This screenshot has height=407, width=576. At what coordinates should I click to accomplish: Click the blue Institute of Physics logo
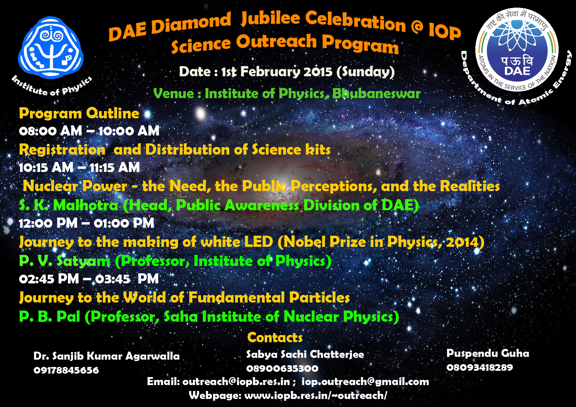click(x=51, y=48)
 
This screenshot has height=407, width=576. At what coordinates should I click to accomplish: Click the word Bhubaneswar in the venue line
click(x=376, y=94)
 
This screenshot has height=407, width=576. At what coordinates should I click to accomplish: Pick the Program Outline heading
click(x=79, y=114)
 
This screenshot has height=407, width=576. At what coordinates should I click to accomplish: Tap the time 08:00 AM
click(x=50, y=131)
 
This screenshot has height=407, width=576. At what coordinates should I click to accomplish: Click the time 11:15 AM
click(x=115, y=167)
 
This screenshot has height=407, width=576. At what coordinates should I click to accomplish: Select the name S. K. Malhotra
click(x=69, y=205)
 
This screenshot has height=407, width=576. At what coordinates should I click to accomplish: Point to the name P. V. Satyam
click(x=64, y=261)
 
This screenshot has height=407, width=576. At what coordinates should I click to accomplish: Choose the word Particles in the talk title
click(x=319, y=297)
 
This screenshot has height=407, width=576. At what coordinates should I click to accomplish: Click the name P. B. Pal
click(x=49, y=316)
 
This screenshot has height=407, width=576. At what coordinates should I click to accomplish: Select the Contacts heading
click(x=275, y=337)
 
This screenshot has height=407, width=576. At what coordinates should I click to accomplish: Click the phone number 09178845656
click(x=66, y=370)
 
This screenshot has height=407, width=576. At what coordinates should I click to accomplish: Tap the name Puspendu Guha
click(x=488, y=354)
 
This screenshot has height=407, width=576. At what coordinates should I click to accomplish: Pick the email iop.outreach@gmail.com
click(x=365, y=382)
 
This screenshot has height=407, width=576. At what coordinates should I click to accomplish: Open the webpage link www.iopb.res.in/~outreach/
click(x=316, y=396)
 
